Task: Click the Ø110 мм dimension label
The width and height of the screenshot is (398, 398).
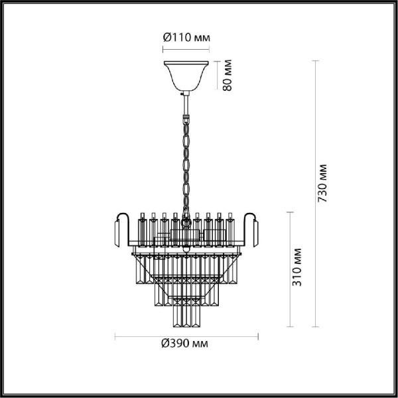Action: (x=187, y=38)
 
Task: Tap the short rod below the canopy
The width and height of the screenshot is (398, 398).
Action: (x=186, y=103)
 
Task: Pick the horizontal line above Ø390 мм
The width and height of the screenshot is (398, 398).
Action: (x=186, y=334)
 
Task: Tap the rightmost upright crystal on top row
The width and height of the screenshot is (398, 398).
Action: (x=231, y=226)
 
